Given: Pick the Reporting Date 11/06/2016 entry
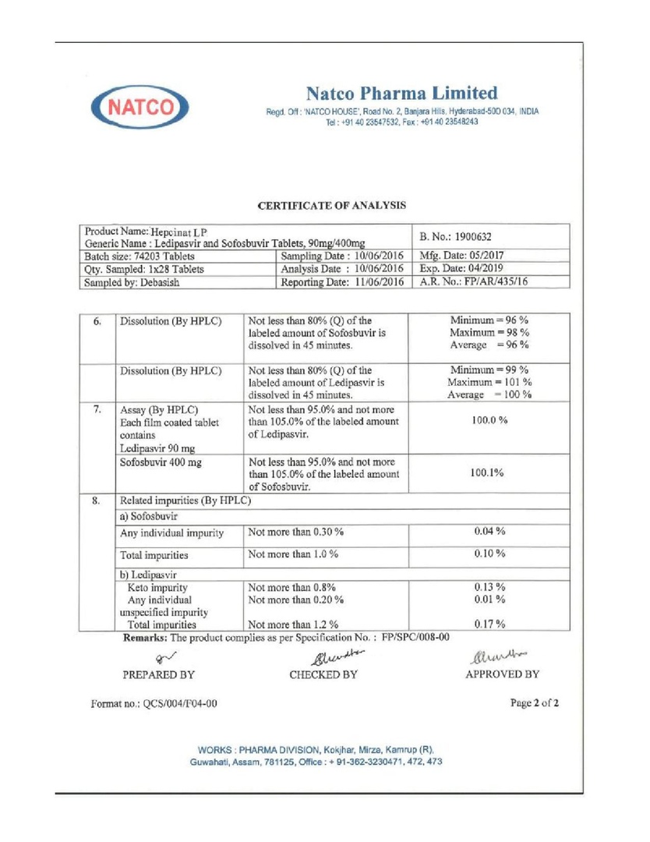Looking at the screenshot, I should click(342, 283).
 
